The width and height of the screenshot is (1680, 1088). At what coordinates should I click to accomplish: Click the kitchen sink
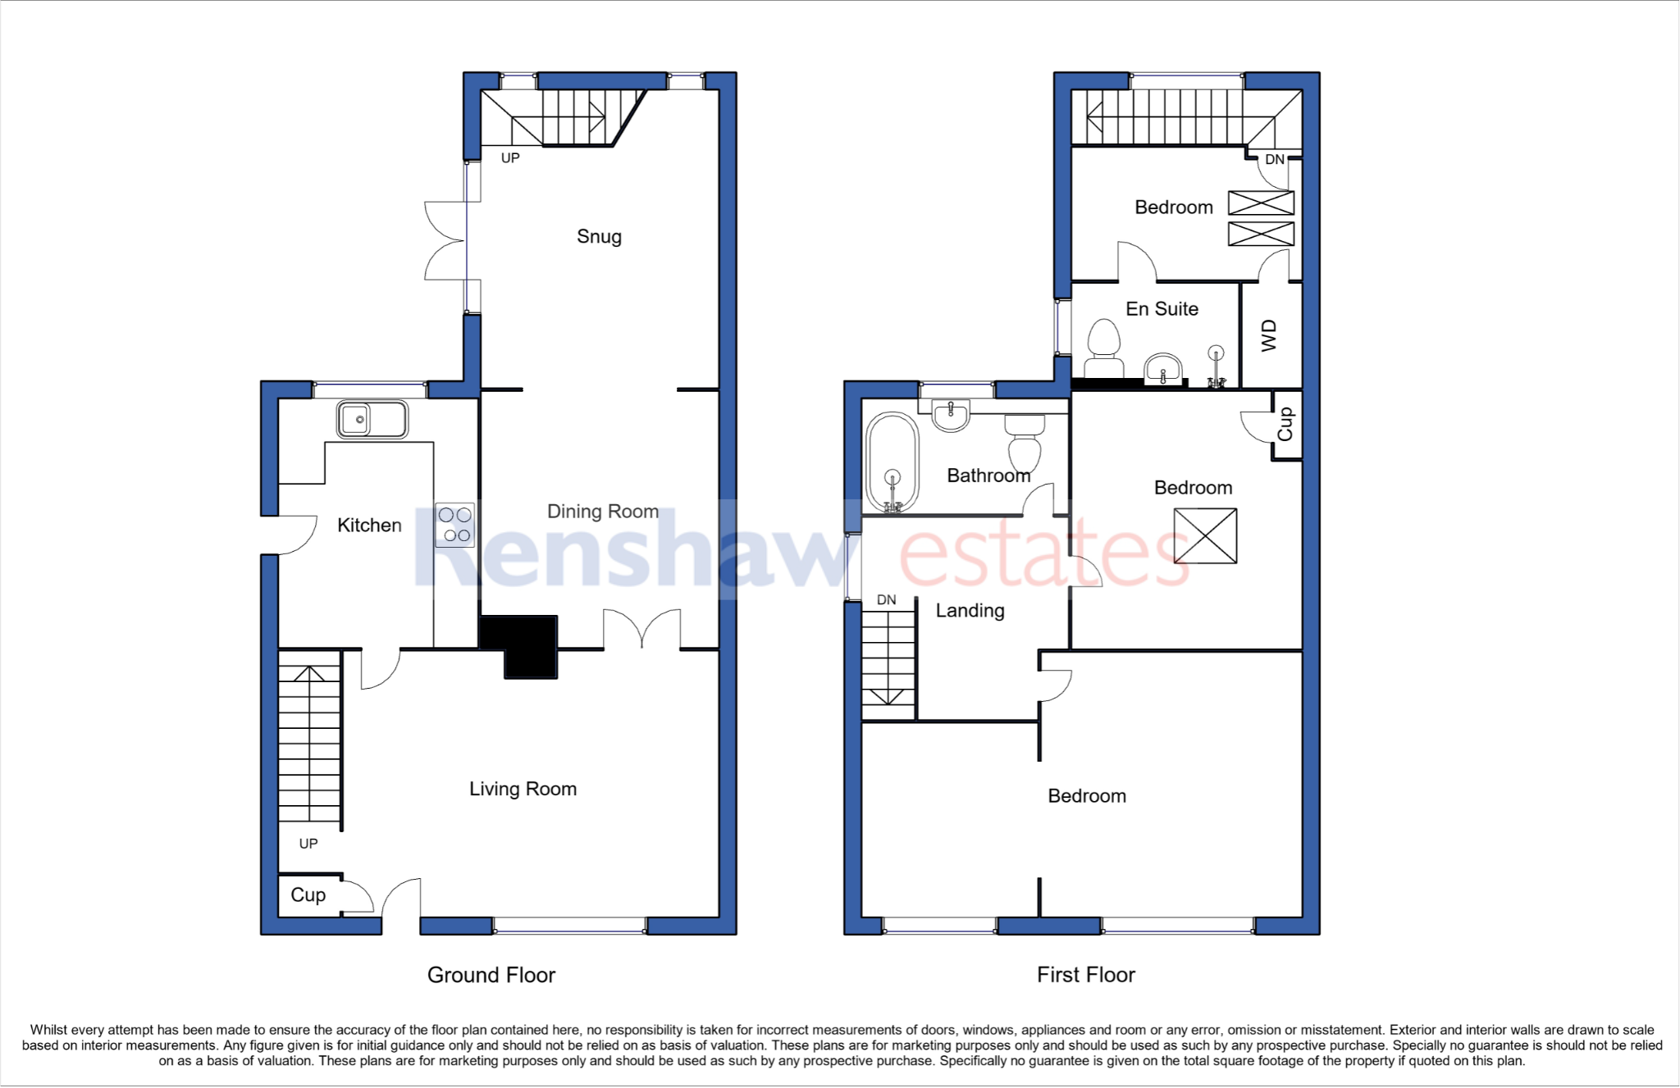point(372,420)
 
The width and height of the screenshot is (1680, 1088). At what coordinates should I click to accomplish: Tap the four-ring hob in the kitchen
point(454,525)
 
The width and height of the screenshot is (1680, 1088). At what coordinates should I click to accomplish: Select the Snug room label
point(599,237)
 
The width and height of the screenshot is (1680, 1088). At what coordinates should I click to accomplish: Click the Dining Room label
point(603,512)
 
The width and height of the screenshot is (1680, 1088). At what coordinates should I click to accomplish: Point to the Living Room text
point(523,789)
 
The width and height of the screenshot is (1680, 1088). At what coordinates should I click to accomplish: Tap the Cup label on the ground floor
point(308,895)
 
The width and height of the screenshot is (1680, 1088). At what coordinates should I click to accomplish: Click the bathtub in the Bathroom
point(892,463)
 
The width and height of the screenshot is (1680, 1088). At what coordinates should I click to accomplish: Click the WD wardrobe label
point(1269,335)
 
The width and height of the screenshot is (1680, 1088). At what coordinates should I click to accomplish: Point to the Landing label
point(970,611)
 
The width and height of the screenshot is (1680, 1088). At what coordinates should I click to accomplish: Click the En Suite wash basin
point(1162,369)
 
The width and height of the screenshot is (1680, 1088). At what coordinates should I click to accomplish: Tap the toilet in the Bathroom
point(1025,443)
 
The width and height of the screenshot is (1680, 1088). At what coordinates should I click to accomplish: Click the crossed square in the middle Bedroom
point(1205,536)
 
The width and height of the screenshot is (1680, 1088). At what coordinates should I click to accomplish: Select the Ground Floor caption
point(491,975)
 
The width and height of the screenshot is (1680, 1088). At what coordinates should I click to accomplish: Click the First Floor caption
point(1085,975)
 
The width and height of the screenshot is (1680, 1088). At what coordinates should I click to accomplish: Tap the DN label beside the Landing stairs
point(886,600)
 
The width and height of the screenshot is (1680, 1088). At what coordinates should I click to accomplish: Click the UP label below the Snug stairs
point(510,158)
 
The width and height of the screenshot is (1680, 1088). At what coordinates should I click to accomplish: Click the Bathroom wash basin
point(951,414)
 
